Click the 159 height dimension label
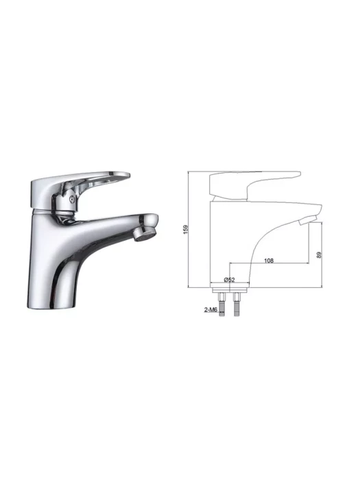(186, 230)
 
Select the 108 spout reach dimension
(269, 261)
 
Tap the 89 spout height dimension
(319, 254)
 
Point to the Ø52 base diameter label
(229, 280)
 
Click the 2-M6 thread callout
(211, 310)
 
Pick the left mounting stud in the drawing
(221, 304)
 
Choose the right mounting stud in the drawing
(237, 304)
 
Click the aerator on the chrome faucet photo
(145, 235)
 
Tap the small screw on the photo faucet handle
(71, 199)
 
